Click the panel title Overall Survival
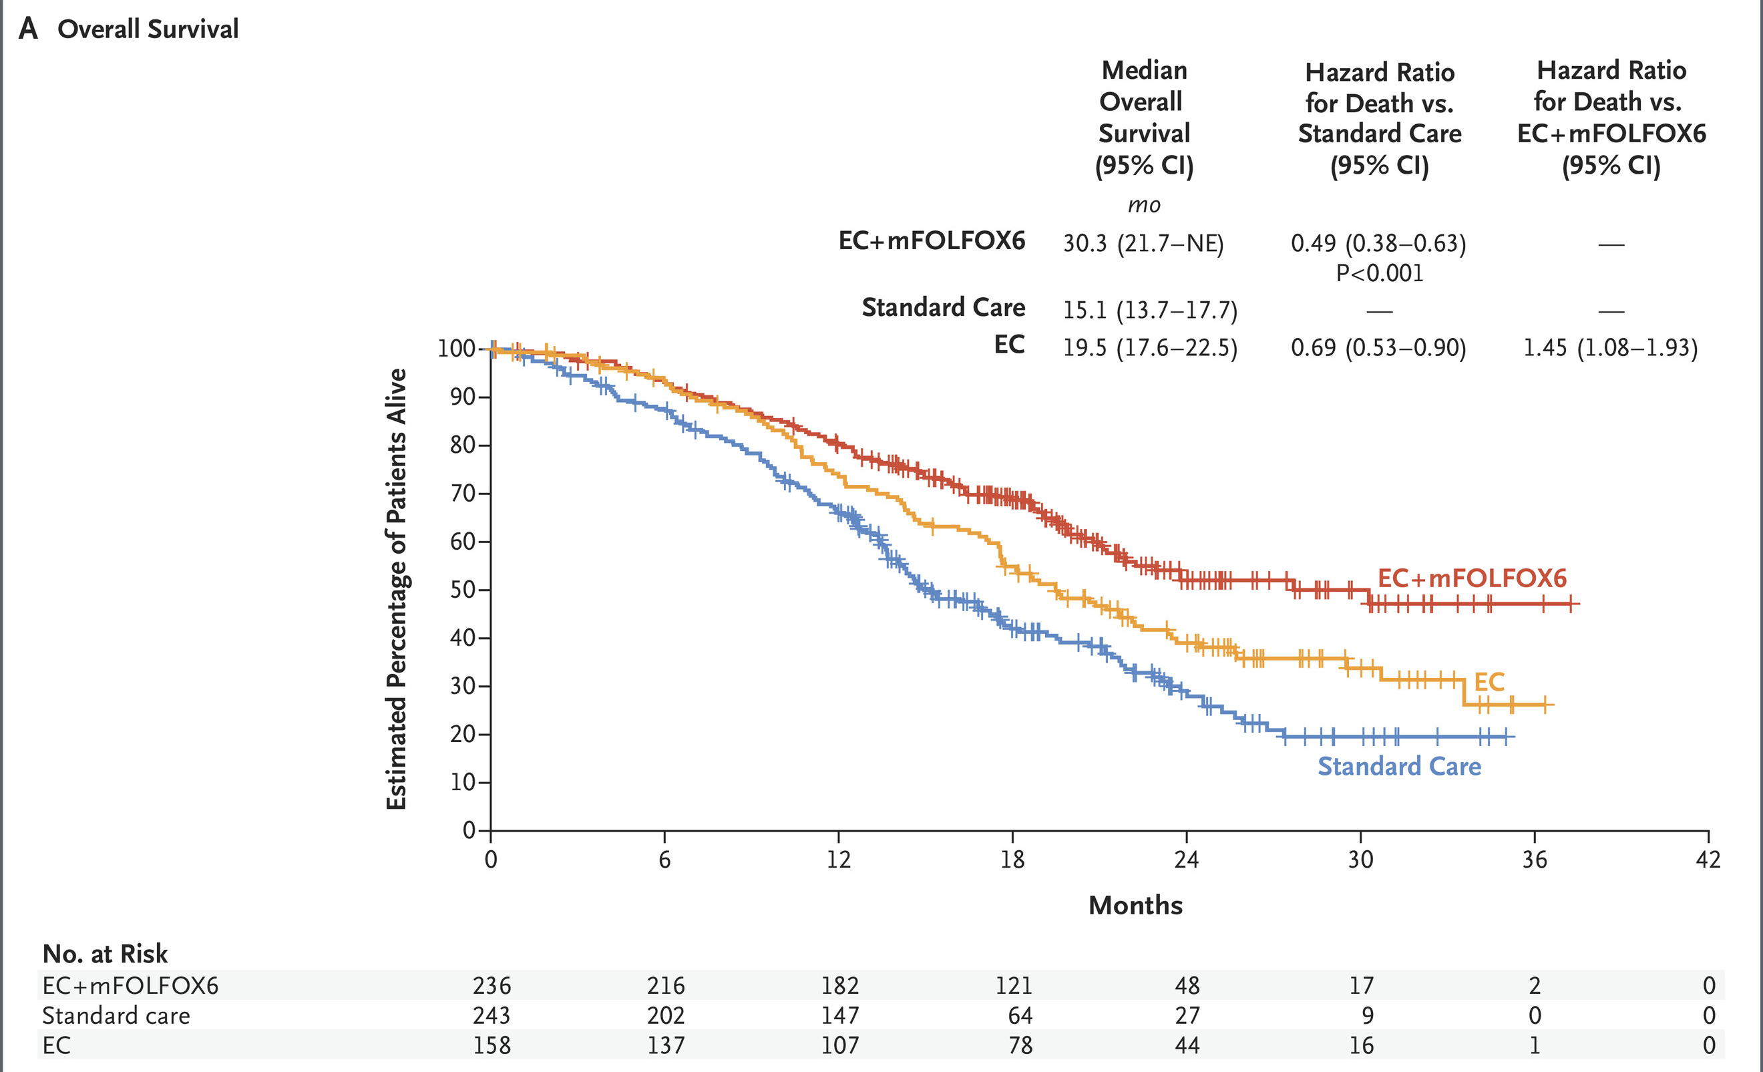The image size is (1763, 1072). [x=148, y=29]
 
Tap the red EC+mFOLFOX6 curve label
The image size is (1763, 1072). [x=1472, y=578]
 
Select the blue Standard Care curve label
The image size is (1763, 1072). [x=1399, y=767]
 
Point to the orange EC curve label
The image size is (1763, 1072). [x=1489, y=682]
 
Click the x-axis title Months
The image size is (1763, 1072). [x=1135, y=905]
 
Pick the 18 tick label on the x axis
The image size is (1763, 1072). [x=1012, y=860]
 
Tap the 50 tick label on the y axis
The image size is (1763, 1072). [x=462, y=590]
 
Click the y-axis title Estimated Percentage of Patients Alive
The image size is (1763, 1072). [x=397, y=589]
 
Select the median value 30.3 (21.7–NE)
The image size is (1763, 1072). [x=1143, y=244]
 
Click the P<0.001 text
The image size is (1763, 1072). [x=1380, y=273]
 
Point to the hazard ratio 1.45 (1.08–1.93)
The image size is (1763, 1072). [x=1610, y=349]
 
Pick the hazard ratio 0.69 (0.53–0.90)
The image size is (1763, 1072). [x=1378, y=349]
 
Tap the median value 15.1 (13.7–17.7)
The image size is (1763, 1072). [x=1150, y=311]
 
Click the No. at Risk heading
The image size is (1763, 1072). [x=106, y=954]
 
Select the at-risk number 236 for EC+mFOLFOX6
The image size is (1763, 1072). [x=492, y=986]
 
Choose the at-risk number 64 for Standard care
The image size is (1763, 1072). [x=1020, y=1015]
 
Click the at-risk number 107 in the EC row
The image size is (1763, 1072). [x=839, y=1045]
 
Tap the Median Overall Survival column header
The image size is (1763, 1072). [x=1144, y=118]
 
